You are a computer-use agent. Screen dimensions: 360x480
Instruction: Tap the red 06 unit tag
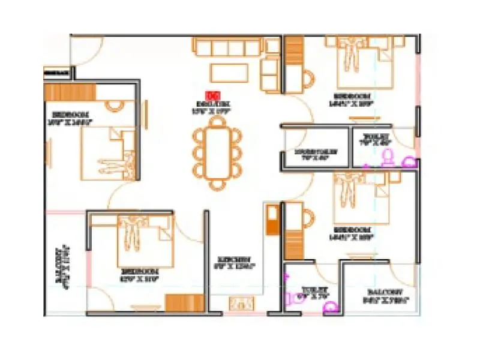[x=211, y=95]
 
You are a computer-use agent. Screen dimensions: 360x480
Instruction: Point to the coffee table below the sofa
[x=228, y=72]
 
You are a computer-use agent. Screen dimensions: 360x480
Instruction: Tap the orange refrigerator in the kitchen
[x=271, y=220]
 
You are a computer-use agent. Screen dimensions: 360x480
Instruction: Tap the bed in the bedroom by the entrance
[x=108, y=153]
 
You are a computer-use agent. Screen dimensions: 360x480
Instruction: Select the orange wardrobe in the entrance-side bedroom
[x=71, y=92]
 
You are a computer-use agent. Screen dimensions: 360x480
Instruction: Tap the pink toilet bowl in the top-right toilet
[x=388, y=157]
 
